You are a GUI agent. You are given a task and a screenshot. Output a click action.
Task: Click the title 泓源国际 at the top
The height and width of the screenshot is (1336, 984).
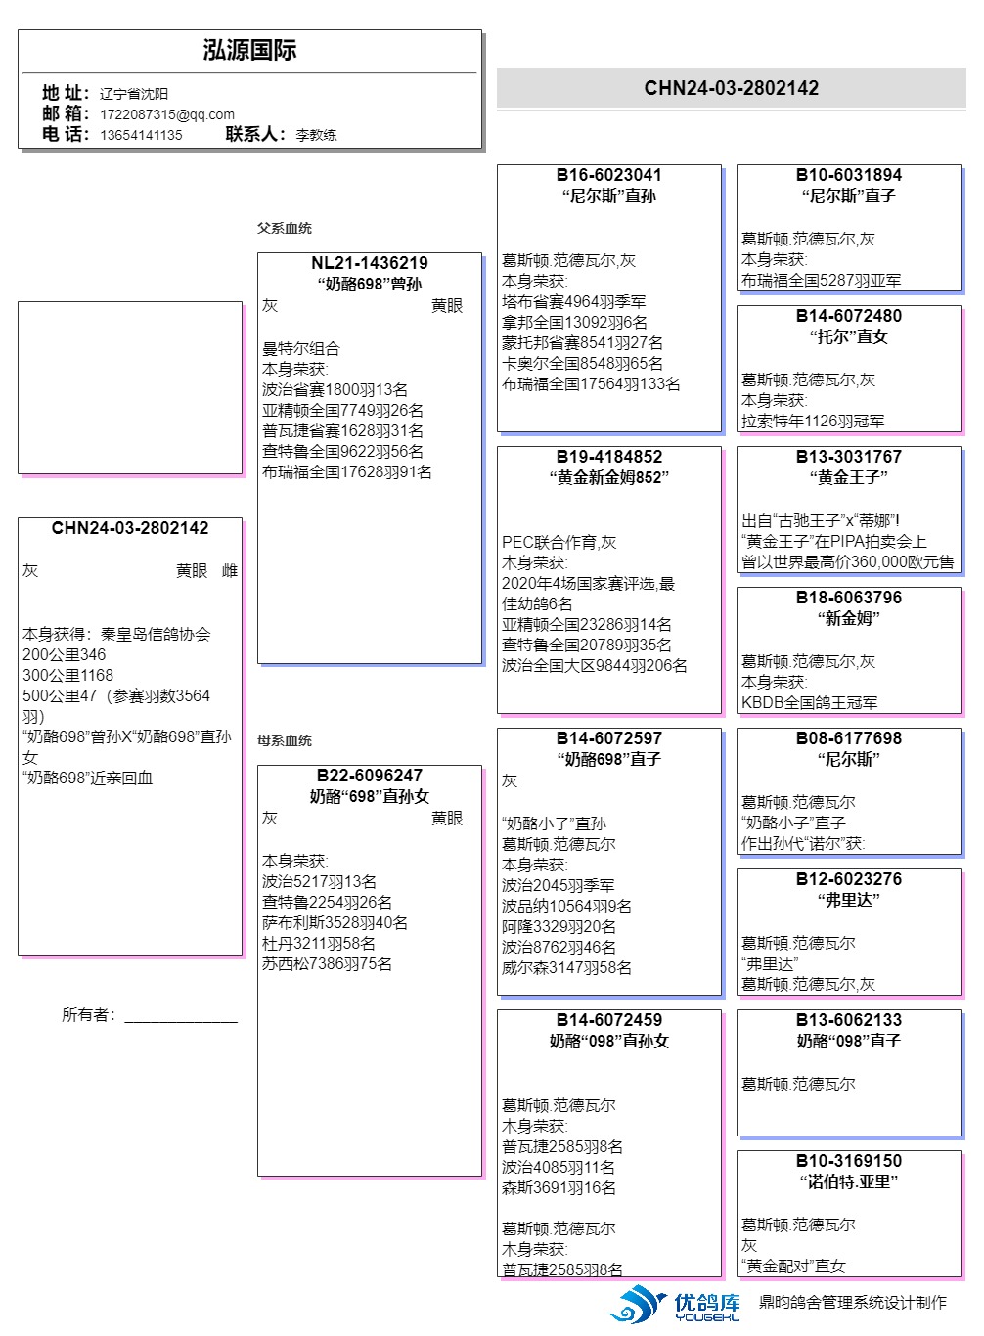[249, 51]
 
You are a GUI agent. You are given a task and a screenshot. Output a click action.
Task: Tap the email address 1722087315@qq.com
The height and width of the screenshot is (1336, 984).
[167, 114]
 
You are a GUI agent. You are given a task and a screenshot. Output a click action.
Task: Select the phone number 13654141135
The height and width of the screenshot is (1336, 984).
[141, 135]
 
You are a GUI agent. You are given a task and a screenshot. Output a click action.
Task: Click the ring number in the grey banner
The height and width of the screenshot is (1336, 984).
[731, 88]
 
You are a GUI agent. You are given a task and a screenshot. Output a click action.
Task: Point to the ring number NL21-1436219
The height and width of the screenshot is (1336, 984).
[369, 263]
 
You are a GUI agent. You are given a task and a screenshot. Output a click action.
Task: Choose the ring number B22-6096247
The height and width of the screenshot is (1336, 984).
[369, 776]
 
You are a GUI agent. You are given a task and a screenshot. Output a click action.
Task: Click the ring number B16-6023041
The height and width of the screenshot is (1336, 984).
[608, 175]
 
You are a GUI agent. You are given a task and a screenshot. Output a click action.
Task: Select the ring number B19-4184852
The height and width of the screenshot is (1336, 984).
[608, 457]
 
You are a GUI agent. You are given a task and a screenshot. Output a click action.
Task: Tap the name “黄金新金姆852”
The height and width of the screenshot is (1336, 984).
[608, 477]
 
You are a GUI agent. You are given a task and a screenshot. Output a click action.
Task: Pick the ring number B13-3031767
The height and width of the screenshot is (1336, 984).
[848, 457]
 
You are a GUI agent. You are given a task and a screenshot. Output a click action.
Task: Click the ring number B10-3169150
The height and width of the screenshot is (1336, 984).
[848, 1161]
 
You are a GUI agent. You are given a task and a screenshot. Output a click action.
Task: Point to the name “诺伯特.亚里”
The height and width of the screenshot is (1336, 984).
[848, 1181]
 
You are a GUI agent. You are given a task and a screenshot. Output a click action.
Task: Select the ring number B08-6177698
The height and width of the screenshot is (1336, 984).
[848, 738]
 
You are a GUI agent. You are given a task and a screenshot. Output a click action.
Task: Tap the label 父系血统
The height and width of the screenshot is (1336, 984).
[285, 228]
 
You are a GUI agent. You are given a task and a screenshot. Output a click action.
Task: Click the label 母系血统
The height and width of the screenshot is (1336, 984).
[285, 740]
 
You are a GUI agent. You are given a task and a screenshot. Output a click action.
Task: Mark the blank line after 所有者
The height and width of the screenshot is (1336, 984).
[181, 1018]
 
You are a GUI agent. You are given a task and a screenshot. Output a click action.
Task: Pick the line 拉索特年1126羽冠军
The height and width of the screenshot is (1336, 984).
[812, 422]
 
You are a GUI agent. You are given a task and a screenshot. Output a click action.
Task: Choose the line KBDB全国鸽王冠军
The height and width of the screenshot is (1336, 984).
[809, 703]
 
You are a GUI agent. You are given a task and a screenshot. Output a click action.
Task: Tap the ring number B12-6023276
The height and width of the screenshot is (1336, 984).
[848, 879]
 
